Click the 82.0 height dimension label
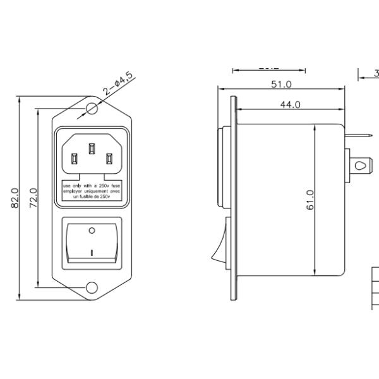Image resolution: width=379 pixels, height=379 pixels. pos(15,198)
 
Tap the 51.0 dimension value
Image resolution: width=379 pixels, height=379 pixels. pos(280,84)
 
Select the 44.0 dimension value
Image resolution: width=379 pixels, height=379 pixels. pos(290,105)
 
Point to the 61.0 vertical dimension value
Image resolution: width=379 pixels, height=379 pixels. pos(310,200)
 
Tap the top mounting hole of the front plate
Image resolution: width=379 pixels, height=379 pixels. pos(92,108)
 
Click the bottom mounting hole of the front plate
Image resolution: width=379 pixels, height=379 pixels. pos(92,288)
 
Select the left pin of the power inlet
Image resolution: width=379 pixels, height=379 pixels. pos(75,158)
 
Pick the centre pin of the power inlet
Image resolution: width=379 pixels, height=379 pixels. pos(92,149)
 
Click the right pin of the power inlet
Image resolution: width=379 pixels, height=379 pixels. pos(110,158)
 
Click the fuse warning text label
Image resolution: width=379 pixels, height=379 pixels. pos(92,191)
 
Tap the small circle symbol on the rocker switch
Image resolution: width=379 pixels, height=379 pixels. pos(92,231)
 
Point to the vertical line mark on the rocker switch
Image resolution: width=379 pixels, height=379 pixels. pos(92,252)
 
